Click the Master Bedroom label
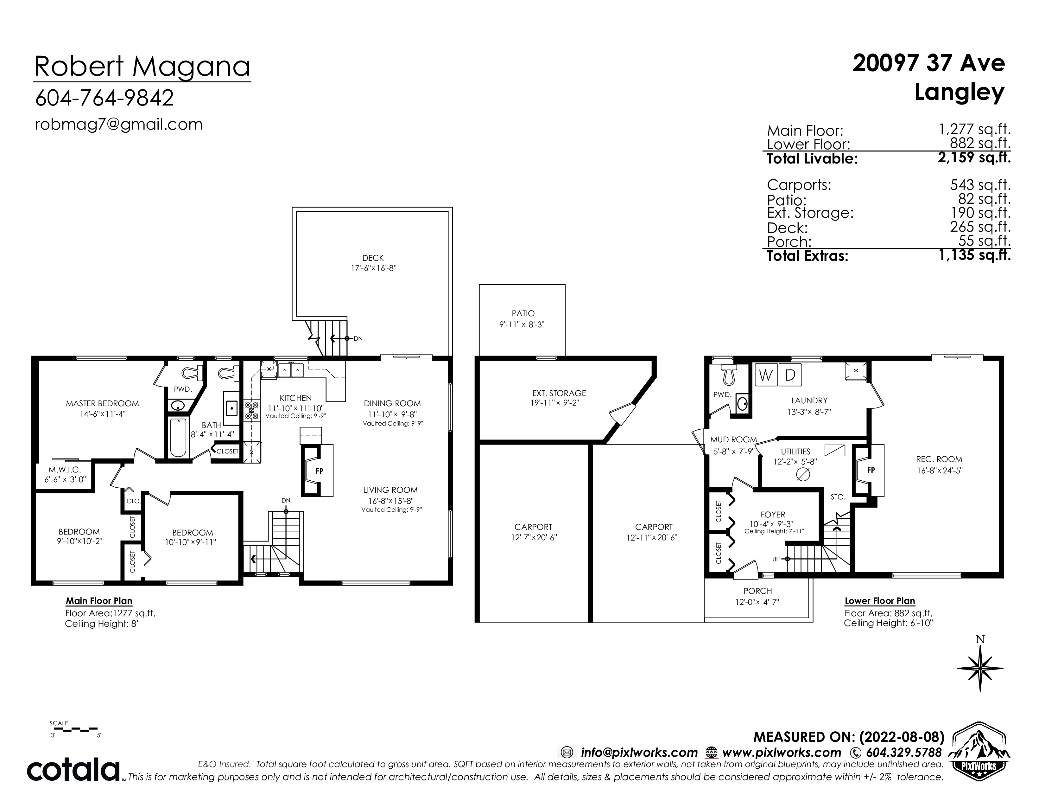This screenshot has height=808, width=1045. pos(102,403)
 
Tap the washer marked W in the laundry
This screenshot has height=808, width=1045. pos(766,375)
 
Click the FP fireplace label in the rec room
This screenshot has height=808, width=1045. pos(871,471)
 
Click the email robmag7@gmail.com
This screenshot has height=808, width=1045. pos(119,125)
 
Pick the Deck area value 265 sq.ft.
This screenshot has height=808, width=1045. pos(980,227)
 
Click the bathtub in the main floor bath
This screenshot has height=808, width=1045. pos(179,438)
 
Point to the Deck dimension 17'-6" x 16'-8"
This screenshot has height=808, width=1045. pos(374,268)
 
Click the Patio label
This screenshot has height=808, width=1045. pos(523,313)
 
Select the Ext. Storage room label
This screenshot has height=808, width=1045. pos(559,394)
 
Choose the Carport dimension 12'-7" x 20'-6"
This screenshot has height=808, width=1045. pos(534,537)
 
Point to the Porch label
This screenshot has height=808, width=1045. pos(757,591)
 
